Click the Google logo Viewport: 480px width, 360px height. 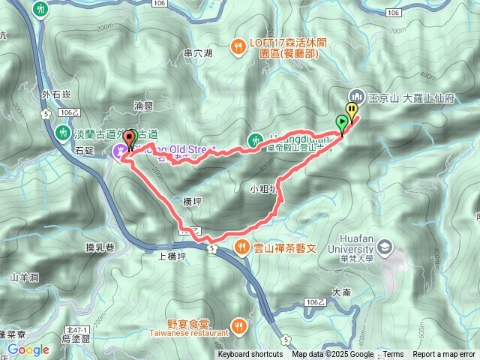[28, 349]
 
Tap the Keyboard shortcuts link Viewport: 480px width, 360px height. [250, 355]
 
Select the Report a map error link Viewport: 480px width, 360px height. [444, 355]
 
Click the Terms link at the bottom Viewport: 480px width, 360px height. [393, 355]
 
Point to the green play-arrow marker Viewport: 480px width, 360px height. [342, 121]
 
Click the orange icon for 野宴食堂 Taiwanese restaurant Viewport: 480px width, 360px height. [238, 325]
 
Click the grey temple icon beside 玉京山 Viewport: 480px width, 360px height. [356, 95]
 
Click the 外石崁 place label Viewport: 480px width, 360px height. [56, 94]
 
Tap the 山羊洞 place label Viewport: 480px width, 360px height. [23, 277]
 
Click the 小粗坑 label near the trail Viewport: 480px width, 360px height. [264, 190]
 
